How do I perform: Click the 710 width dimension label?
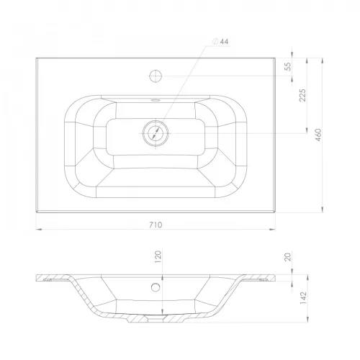[x=156, y=225]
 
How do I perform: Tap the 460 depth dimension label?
[x=318, y=135]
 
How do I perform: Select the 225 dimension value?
[x=303, y=95]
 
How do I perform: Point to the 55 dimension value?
[x=288, y=66]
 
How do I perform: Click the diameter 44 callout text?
[x=221, y=42]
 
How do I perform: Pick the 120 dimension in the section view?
[x=158, y=257]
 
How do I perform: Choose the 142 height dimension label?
[x=303, y=298]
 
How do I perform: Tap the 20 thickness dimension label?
[x=288, y=257]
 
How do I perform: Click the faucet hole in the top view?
[x=156, y=76]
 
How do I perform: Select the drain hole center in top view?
[x=156, y=133]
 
